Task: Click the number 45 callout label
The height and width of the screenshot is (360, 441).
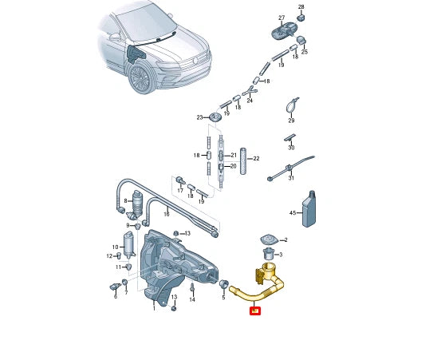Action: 293,213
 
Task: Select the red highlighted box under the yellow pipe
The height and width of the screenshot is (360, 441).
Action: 255,311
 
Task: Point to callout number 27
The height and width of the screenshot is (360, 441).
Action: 282,18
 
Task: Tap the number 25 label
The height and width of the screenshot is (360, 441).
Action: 305,51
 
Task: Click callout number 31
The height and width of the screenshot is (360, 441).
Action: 290,178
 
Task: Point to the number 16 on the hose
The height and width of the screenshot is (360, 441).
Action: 166,214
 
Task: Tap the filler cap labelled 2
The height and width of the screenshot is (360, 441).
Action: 269,239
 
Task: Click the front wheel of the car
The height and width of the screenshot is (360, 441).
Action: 142,80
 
